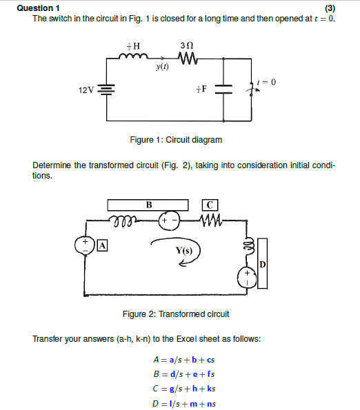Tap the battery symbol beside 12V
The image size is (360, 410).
click(x=106, y=90)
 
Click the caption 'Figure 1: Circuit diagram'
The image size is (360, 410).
click(x=176, y=140)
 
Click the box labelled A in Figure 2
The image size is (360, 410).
click(x=103, y=245)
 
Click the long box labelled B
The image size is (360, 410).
click(x=148, y=205)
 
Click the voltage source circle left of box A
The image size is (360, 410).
click(x=86, y=246)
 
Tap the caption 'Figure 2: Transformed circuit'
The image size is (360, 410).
click(x=176, y=314)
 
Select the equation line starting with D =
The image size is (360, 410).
click(x=185, y=403)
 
